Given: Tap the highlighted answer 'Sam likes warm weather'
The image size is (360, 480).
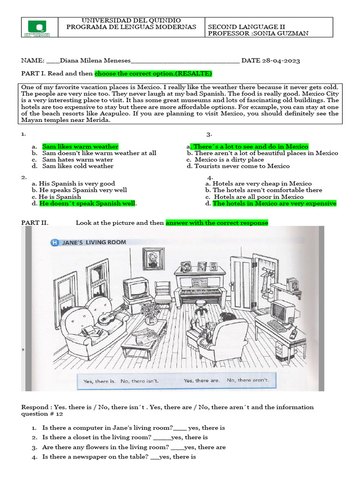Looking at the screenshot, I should pos(80,147).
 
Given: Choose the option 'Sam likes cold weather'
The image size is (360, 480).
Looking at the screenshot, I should pos(77,166).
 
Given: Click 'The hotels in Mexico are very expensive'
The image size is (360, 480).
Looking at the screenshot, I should pos(274,203).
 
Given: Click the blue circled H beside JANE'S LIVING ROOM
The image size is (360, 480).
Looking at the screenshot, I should pos(54,242).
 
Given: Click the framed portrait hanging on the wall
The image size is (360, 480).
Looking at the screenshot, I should pos(153,258).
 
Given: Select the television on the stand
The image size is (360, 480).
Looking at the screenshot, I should pos(136,288).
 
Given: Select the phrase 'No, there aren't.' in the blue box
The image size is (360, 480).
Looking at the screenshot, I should pos(248,380).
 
